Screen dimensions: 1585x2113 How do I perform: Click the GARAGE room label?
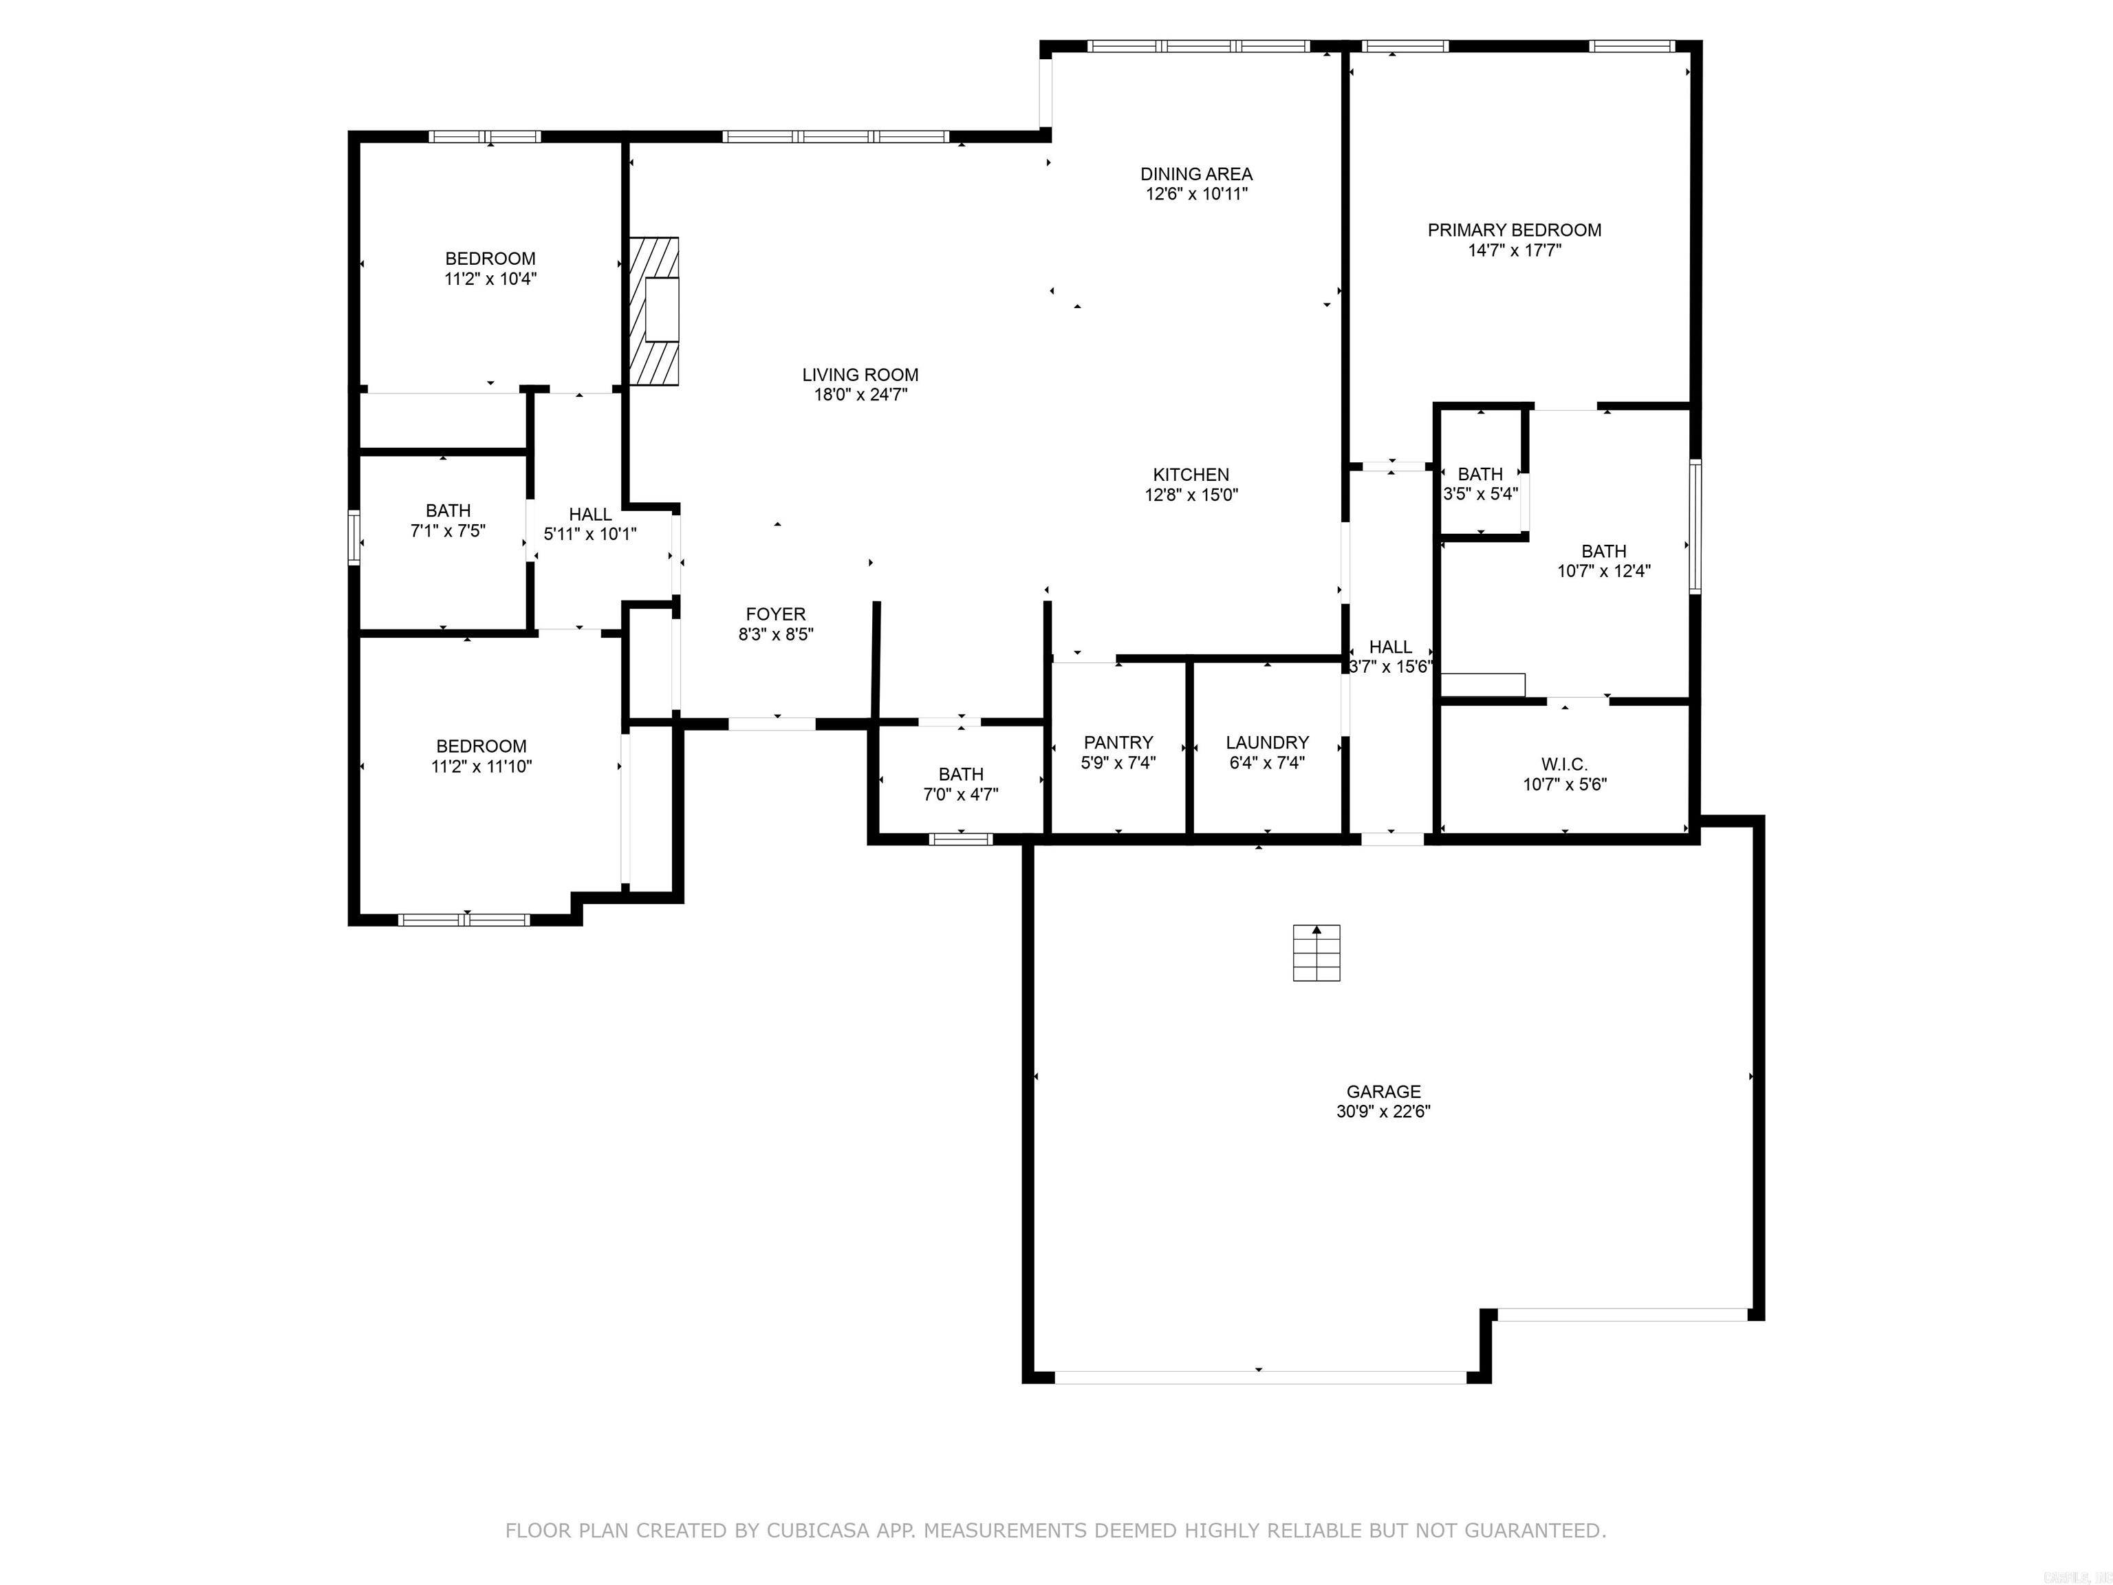pos(1383,1091)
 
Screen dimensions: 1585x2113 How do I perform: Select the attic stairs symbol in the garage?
pos(1316,953)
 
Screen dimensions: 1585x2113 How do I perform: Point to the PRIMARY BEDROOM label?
pos(1514,230)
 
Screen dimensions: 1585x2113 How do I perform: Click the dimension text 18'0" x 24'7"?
pos(860,395)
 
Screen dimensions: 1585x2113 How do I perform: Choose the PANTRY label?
pos(1118,742)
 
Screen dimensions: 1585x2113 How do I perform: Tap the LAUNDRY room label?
pos(1267,742)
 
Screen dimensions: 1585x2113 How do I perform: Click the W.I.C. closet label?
pos(1563,764)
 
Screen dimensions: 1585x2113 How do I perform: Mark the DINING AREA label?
pos(1196,174)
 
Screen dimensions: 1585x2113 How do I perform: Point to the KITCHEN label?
pos(1190,475)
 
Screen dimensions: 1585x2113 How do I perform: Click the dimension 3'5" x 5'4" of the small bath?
pos(1480,494)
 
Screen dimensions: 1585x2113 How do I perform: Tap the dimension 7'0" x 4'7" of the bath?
pos(960,794)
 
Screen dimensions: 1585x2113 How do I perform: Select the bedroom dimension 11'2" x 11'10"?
pos(481,766)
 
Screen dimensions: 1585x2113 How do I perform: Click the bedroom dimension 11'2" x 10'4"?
pos(490,279)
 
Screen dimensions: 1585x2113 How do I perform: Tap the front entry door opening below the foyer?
pos(772,724)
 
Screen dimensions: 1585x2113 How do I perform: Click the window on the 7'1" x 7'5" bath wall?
pos(354,538)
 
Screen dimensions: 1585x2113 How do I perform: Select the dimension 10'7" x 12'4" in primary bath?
pos(1603,571)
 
